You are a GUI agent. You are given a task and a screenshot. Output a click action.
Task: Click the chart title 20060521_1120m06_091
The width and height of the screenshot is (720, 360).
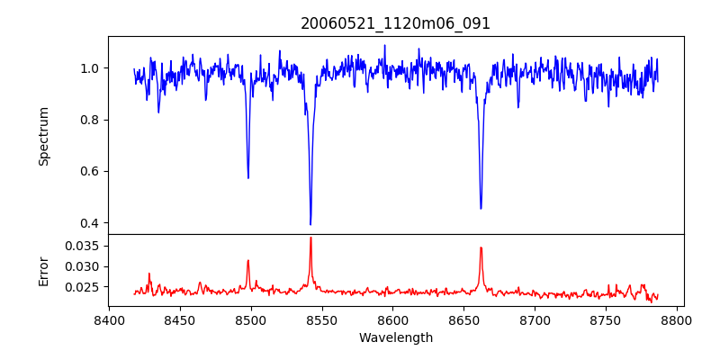point(395,23)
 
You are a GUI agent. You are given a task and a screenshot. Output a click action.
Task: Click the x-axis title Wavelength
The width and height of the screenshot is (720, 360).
point(395,338)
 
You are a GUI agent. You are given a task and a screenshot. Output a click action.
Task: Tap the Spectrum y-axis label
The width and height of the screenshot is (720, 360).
point(43,136)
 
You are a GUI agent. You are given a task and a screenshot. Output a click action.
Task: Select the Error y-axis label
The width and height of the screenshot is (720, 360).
point(43,270)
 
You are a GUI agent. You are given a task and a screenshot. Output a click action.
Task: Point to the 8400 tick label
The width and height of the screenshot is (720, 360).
point(109,319)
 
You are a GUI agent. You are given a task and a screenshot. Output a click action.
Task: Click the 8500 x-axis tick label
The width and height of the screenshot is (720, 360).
point(251,319)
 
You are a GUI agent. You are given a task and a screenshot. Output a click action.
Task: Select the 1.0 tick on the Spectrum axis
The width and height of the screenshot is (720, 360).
point(90,68)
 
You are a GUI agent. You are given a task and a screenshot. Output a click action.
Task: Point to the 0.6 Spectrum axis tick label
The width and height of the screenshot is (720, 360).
point(90,171)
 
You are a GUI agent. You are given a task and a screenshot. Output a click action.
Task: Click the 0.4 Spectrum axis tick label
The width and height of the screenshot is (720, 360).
point(90,223)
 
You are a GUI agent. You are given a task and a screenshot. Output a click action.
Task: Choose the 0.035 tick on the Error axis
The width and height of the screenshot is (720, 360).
point(81,246)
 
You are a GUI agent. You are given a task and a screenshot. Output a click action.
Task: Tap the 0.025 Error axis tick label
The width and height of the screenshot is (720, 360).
point(81,287)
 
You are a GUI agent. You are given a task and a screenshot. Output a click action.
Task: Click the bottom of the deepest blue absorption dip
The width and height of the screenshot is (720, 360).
point(310,224)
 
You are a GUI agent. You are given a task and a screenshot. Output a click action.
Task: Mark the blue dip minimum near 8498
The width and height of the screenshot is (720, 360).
point(248,177)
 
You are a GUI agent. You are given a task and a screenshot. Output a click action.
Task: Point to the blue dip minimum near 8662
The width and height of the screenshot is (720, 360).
point(481,209)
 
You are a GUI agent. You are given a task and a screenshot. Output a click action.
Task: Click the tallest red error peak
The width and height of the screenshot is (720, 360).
point(310,238)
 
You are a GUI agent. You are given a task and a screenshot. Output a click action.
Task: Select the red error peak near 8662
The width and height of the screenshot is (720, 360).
point(481,247)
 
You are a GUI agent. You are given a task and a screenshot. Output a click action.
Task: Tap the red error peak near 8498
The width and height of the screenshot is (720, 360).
point(248,261)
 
